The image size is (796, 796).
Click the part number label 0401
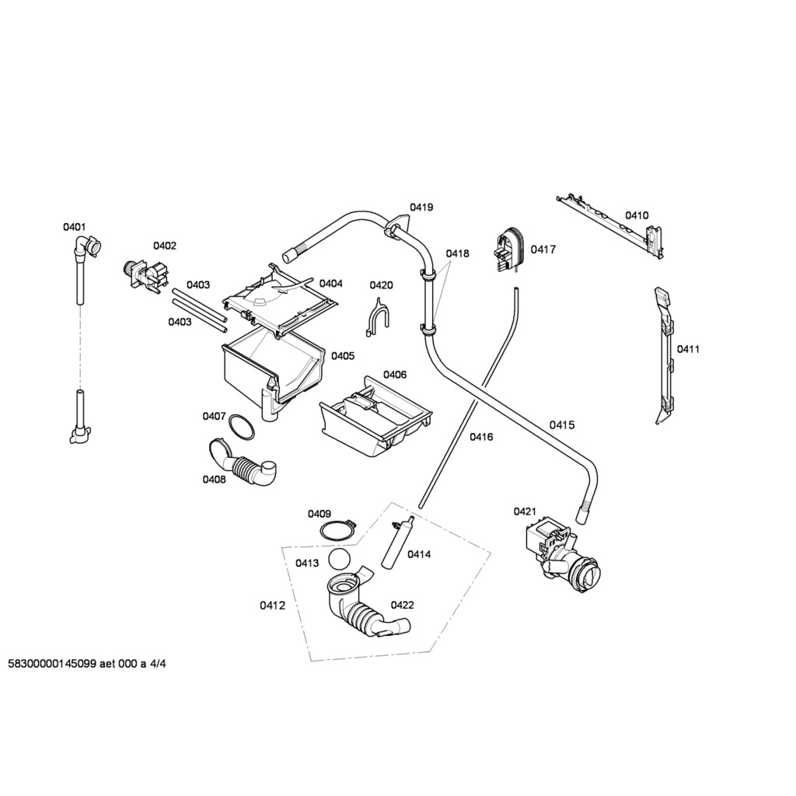pyautogui.click(x=74, y=227)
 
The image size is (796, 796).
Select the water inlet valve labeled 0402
pyautogui.click(x=145, y=275)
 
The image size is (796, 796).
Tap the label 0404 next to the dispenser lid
pyautogui.click(x=330, y=284)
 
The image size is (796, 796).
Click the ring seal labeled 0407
pyautogui.click(x=241, y=427)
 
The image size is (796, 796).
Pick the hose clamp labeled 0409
pyautogui.click(x=337, y=532)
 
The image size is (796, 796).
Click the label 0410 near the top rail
pyautogui.click(x=637, y=215)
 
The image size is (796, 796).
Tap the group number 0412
pyautogui.click(x=271, y=606)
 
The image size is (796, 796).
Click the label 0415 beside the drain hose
pyautogui.click(x=562, y=424)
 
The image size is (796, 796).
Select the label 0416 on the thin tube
pyautogui.click(x=481, y=437)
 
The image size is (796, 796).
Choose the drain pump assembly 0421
pyautogui.click(x=561, y=554)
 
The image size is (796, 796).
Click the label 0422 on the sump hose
pyautogui.click(x=402, y=605)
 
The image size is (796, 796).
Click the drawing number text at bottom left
pyautogui.click(x=87, y=665)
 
